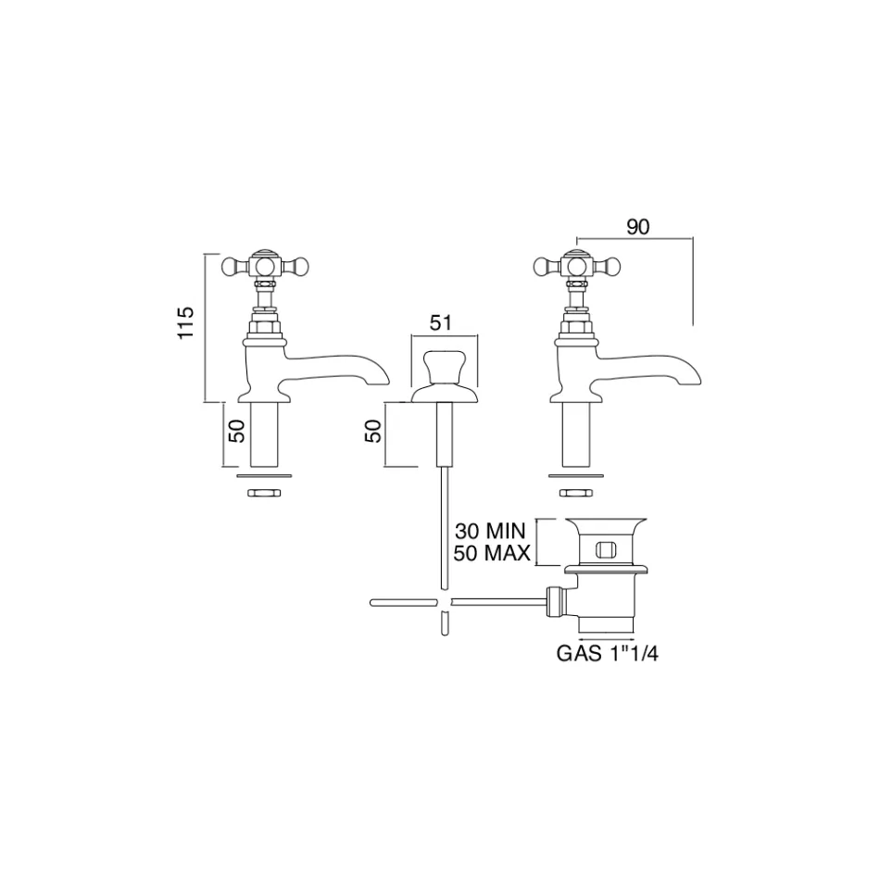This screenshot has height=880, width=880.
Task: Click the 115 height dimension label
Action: pos(185,322)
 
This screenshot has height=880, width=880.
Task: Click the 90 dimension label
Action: pos(637,227)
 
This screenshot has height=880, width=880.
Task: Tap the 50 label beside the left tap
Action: pos(237,431)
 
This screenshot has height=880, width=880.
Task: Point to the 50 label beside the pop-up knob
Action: pos(374,431)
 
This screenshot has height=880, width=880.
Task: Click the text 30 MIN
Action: pos(490,531)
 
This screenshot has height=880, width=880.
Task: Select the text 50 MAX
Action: pos(492,554)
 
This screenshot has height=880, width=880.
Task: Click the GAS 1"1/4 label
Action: pos(608,654)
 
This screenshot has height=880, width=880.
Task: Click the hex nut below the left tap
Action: pos(264,493)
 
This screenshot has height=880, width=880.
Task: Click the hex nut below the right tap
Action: pos(576,493)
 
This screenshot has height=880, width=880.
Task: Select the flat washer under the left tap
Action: pos(264,476)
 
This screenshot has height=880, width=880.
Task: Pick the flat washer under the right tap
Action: pos(576,476)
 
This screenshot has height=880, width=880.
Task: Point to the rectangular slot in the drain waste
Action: pos(606,548)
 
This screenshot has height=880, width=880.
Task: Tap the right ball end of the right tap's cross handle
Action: pos(612,264)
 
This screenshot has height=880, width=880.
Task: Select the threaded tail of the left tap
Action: pos(264,434)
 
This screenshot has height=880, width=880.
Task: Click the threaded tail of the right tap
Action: pos(576,434)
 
